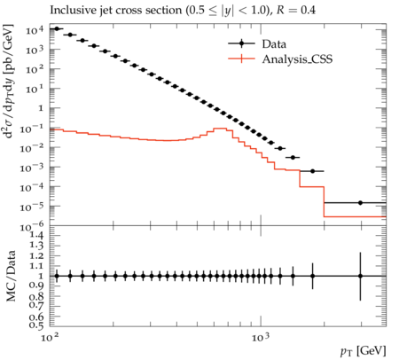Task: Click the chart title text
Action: pos(183,11)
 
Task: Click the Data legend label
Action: pos(274,44)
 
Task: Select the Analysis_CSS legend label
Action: pos(297,59)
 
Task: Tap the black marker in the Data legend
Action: pos(241,43)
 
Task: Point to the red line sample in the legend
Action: pos(241,59)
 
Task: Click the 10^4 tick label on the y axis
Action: pos(35,29)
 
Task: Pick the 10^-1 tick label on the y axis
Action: pos(32,128)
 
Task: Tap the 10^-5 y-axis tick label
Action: pos(32,207)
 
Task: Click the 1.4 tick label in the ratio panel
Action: pos(36,236)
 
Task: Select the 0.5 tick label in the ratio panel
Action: pos(36,325)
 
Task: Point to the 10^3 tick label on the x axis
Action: pos(261,337)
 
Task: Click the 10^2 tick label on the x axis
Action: pos(50,337)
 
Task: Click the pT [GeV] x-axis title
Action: pos(364,351)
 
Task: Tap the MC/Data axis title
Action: pos(11,276)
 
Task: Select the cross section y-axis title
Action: pos(8,81)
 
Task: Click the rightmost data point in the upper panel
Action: pos(360,203)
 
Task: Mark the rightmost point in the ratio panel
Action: pos(360,276)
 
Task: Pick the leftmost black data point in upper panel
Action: pos(57,28)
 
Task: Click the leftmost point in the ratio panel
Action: pos(57,276)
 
